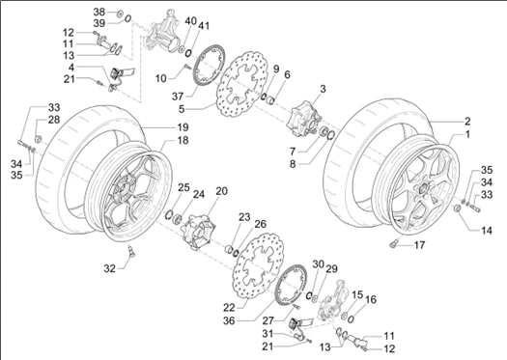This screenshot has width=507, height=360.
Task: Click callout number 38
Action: click(99, 12)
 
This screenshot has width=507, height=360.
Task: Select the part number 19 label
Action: click(183, 127)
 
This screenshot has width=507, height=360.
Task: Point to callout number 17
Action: click(420, 246)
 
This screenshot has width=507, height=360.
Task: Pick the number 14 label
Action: click(486, 231)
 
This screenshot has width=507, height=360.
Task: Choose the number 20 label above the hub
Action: click(221, 191)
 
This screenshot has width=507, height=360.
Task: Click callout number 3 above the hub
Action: click(324, 89)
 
